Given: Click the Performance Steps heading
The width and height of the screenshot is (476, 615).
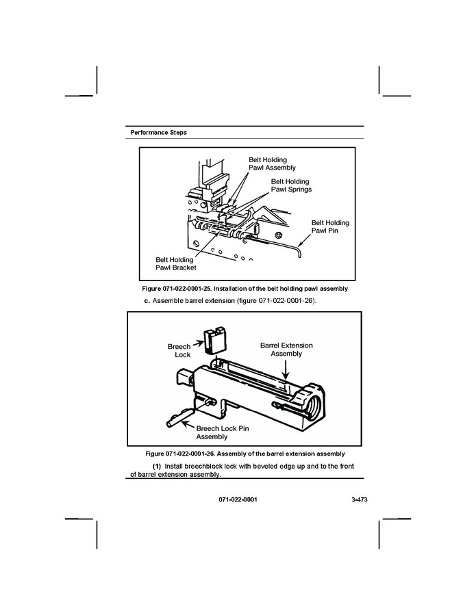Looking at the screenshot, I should point(158,132).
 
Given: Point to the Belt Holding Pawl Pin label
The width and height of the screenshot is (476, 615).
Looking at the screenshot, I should point(330,226).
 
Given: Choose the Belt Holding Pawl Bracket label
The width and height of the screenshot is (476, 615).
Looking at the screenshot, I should point(175,263).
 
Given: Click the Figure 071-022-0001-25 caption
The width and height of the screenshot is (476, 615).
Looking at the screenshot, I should point(245,289).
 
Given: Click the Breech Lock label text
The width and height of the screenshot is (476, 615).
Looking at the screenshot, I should point(179,350).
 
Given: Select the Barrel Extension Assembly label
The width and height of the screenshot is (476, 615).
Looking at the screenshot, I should point(286,350).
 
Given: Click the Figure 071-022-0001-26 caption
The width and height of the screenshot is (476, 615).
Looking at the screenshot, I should point(245,454).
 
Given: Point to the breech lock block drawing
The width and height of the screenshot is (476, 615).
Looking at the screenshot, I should point(214,339).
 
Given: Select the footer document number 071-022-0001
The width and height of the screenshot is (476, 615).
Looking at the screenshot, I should point(238,500).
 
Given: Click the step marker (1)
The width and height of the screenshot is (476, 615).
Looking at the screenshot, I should point(156,467).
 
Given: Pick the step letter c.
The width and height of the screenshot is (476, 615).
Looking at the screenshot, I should point(146,301).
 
